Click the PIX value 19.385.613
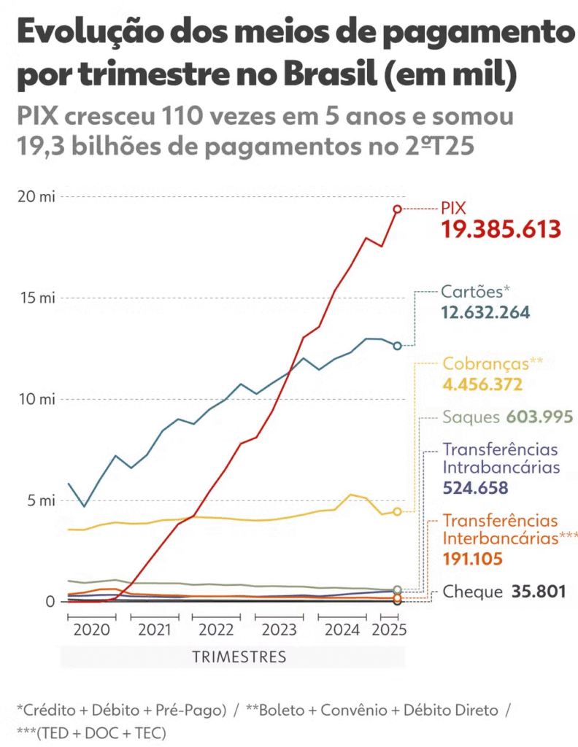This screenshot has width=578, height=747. click(x=501, y=229)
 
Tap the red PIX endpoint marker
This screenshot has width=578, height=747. click(x=397, y=209)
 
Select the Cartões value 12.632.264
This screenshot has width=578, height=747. click(x=485, y=312)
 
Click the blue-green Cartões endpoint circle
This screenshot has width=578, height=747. click(x=397, y=346)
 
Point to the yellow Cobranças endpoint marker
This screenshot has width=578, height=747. click(x=397, y=511)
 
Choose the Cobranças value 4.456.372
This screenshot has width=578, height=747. click(x=482, y=384)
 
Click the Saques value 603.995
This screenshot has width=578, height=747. click(x=539, y=417)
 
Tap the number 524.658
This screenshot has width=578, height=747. click(x=475, y=488)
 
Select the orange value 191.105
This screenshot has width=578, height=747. click(x=472, y=559)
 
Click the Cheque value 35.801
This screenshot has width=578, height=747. click(x=539, y=592)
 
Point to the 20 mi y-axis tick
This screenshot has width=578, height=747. click(x=36, y=196)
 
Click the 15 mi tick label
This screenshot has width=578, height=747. click(x=37, y=298)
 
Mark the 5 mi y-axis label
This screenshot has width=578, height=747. click(x=42, y=500)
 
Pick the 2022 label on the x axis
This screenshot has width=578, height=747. click(x=216, y=630)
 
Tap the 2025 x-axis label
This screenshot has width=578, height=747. click(x=389, y=630)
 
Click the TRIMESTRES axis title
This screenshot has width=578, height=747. click(x=239, y=657)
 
